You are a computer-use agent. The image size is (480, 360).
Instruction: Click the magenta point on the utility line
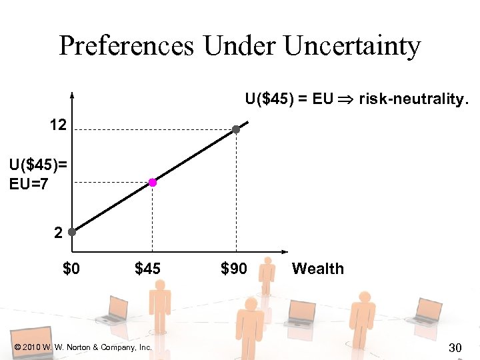(x=153, y=182)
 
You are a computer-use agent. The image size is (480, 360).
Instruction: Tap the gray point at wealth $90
(x=236, y=129)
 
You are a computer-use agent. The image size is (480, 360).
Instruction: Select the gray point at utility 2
(x=71, y=233)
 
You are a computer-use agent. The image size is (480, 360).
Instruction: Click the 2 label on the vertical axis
(x=59, y=233)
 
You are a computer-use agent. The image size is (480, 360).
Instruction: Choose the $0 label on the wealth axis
(x=71, y=269)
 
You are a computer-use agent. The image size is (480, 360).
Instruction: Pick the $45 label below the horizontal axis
(x=148, y=269)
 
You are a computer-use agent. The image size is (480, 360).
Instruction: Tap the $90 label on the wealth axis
(x=233, y=269)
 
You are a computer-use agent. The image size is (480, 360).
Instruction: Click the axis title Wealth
(x=318, y=269)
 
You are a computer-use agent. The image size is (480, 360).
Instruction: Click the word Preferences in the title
(x=127, y=46)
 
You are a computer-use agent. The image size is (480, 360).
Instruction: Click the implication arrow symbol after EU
(x=346, y=100)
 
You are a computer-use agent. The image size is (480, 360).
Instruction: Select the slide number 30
(x=456, y=347)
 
